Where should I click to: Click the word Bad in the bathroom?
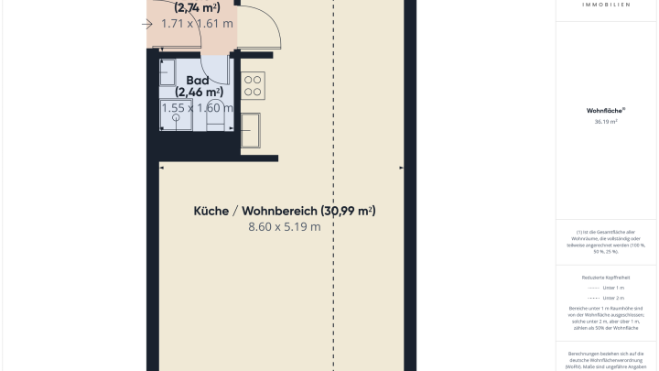point(198,80)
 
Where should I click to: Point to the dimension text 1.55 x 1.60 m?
point(197,108)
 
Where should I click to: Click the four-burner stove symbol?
point(253,86)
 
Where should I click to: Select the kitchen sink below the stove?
point(251,129)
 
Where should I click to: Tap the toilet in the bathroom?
point(216,109)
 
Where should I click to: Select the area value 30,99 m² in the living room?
point(348,211)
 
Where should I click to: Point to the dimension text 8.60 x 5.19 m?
point(284,227)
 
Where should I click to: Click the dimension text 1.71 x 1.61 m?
point(197,24)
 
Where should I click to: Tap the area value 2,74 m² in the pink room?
point(197,7)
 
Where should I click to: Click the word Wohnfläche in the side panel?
point(602,111)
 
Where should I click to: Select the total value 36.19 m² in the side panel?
point(605,121)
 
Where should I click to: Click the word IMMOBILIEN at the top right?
point(605,5)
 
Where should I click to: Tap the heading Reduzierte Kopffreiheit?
point(605,276)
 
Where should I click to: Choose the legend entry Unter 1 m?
point(613,288)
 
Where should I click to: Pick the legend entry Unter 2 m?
point(613,298)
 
